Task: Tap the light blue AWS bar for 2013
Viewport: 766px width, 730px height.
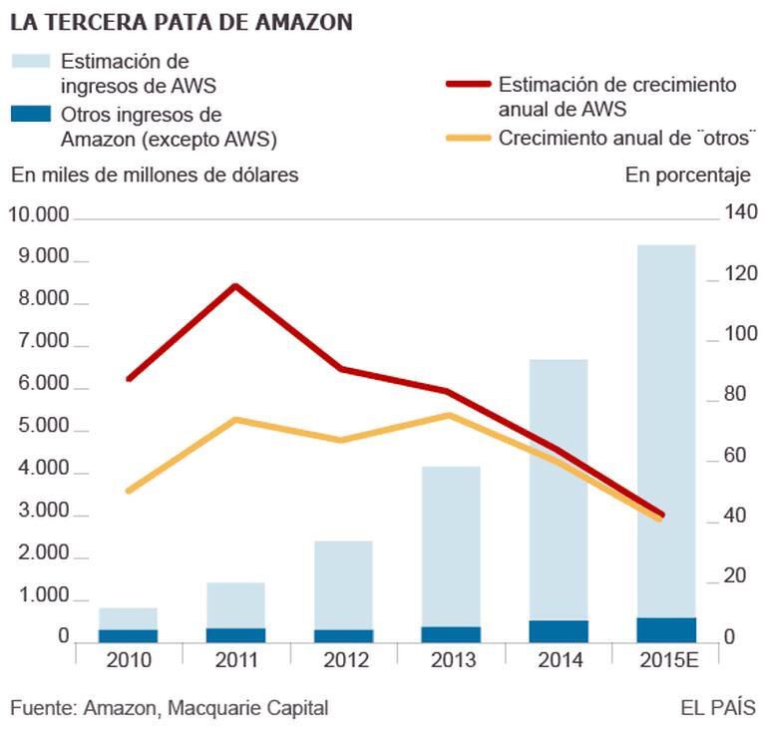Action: click(451, 544)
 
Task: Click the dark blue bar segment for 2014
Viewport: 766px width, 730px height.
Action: click(559, 631)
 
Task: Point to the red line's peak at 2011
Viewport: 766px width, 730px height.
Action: click(235, 286)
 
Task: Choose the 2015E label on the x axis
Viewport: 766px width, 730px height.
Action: click(666, 660)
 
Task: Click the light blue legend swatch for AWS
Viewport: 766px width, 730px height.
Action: click(30, 62)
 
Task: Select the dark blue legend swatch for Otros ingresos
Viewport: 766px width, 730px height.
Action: click(30, 114)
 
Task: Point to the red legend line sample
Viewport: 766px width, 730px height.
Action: click(466, 86)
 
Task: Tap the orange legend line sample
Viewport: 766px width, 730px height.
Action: click(466, 137)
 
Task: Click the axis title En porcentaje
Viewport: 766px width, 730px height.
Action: click(687, 176)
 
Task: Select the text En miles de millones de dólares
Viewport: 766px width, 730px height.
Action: click(155, 176)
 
